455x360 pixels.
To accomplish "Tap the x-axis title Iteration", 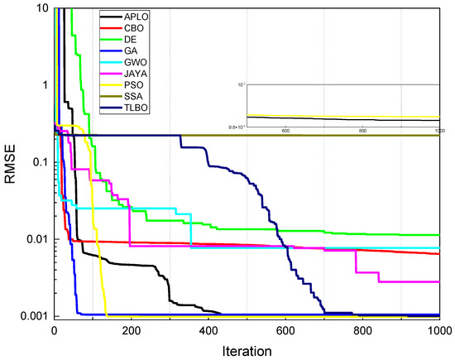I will click(247, 350).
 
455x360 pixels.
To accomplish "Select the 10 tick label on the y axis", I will click(41, 8).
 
